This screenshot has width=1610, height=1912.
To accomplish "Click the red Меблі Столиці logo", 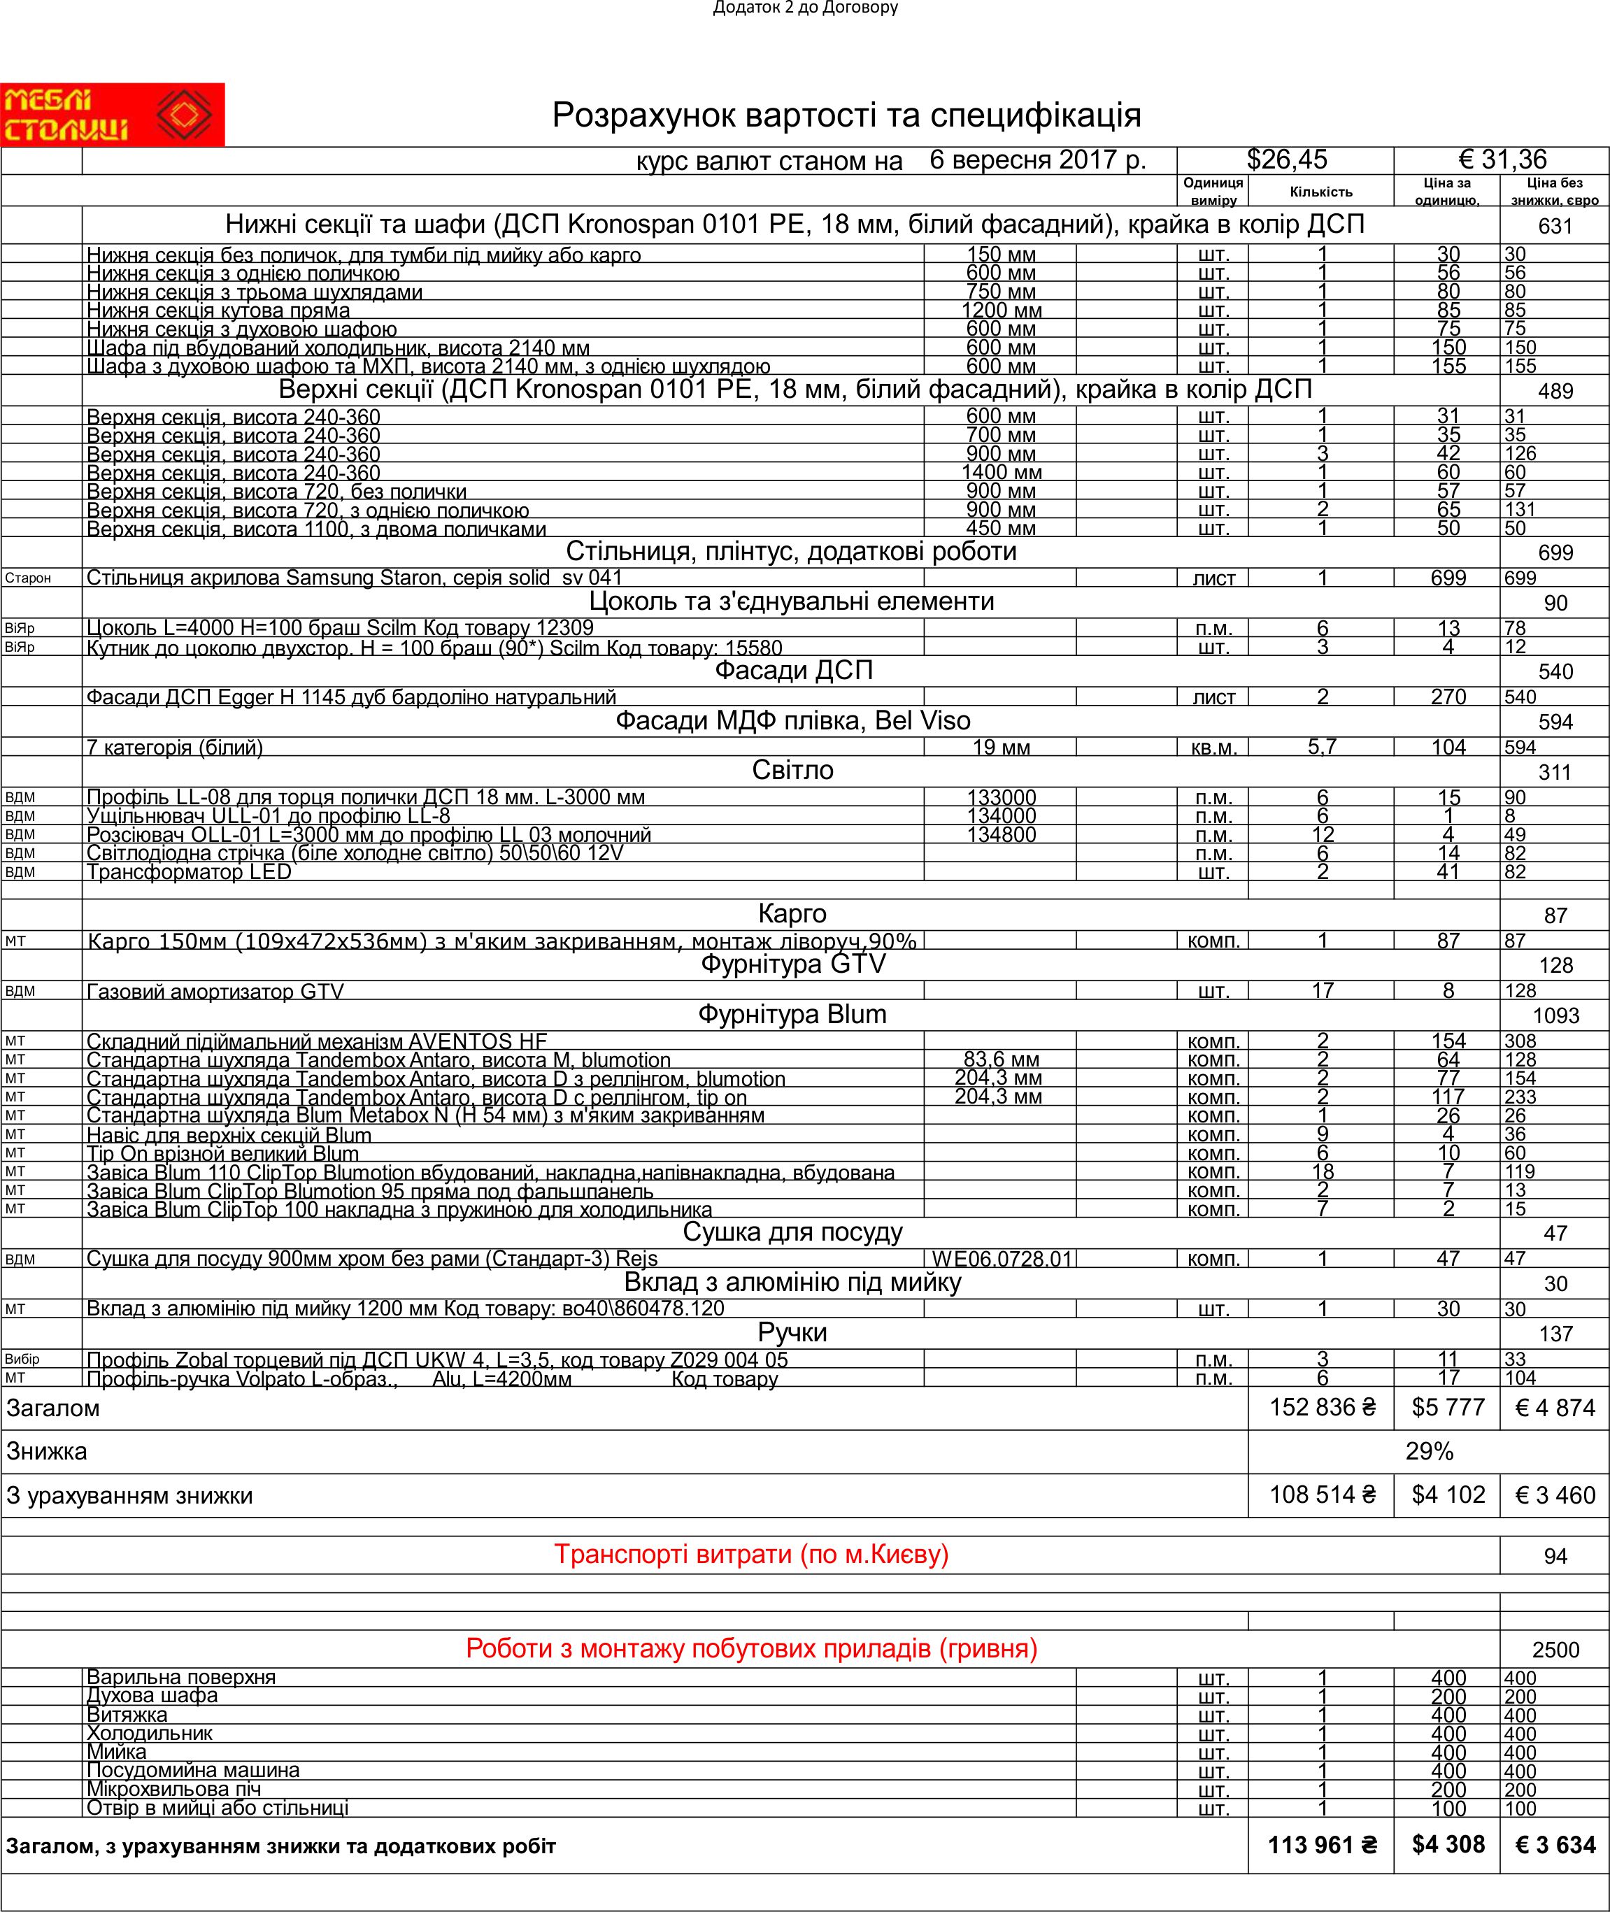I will [113, 115].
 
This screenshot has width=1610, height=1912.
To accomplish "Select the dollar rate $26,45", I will [1286, 159].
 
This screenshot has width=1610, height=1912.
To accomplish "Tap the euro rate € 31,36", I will [1502, 159].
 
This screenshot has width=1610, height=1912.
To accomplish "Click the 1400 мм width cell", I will [1002, 473].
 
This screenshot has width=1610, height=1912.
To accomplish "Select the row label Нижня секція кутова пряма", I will [218, 311].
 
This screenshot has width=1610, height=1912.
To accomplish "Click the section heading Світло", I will [792, 770].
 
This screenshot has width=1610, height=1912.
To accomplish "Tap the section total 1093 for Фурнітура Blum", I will [1555, 1015].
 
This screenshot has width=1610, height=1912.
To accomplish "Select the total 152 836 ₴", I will [1322, 1407].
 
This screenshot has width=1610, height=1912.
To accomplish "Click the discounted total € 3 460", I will [1554, 1495].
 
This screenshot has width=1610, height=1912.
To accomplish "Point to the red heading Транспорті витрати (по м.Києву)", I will [751, 1554].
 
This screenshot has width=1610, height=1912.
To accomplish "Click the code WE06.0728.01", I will [1002, 1260].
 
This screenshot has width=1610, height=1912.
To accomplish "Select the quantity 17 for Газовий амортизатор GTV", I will [1322, 990].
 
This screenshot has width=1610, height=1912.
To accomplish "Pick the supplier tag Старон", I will [28, 578].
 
